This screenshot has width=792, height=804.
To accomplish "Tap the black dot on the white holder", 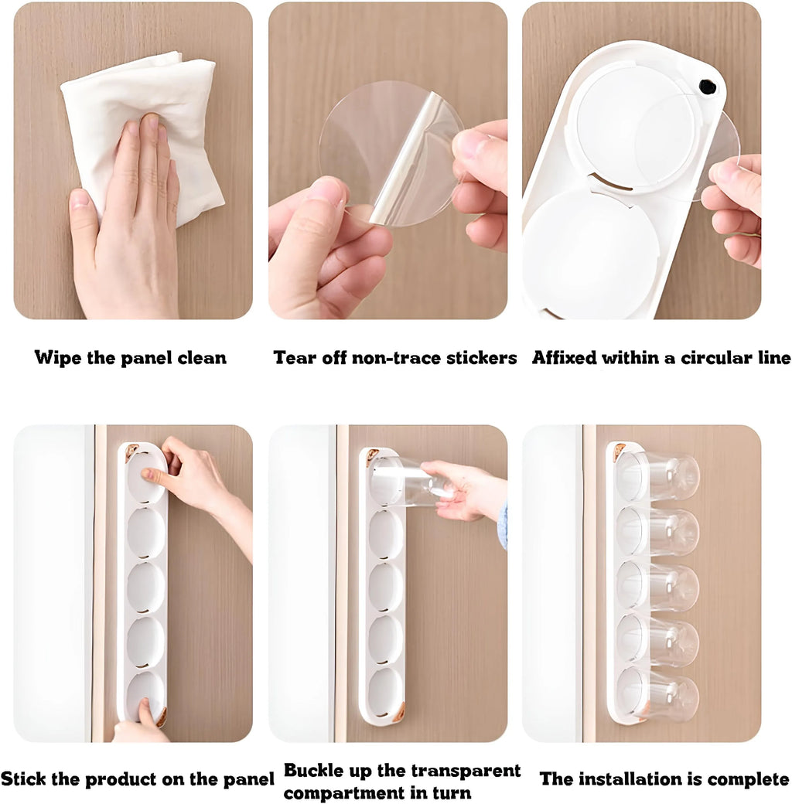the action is point(708,87).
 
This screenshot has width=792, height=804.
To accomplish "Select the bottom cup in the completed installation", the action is point(662,695).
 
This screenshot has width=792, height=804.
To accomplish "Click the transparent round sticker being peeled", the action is point(391,154).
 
